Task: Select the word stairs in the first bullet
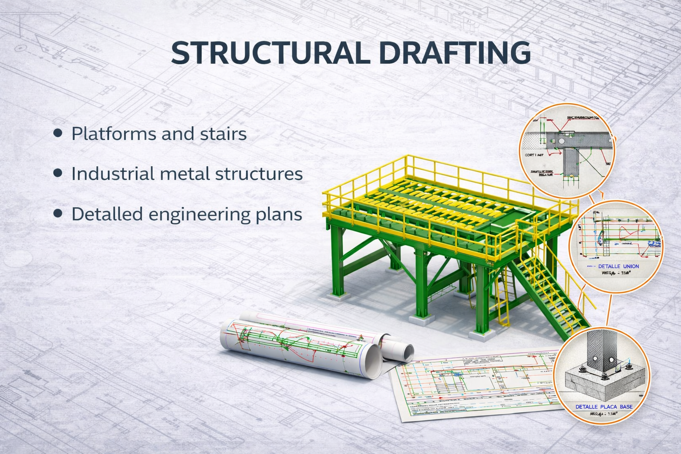[x=224, y=133]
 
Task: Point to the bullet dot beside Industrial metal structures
[x=58, y=173]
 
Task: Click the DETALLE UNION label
[x=618, y=266]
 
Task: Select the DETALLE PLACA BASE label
[x=604, y=407]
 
